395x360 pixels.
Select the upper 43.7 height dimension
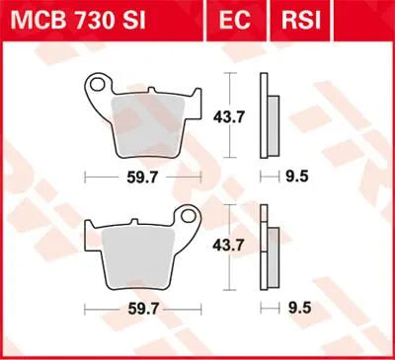point(228,116)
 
